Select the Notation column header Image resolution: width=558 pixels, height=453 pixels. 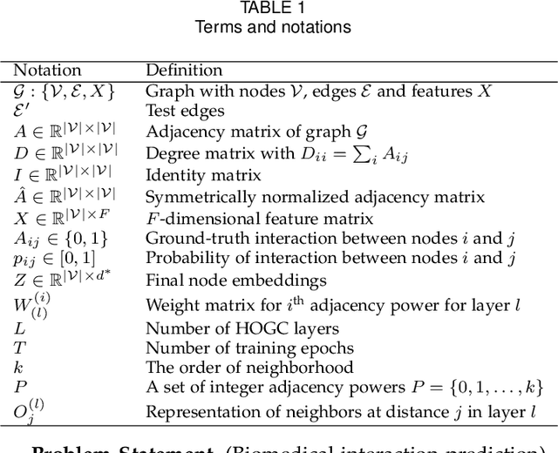pyautogui.click(x=49, y=70)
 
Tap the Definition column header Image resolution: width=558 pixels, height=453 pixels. pyautogui.click(x=184, y=70)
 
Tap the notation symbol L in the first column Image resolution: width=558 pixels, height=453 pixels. pyautogui.click(x=20, y=328)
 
